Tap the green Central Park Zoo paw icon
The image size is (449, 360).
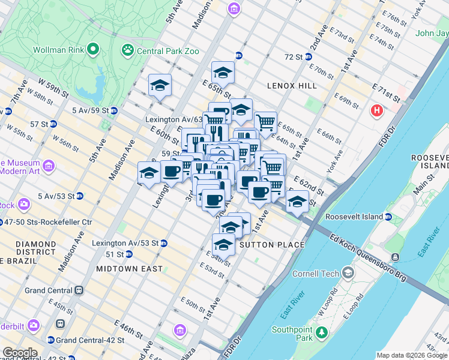tap(128, 50)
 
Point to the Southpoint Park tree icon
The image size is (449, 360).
tap(322, 332)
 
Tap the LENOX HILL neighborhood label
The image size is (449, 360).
tap(292, 86)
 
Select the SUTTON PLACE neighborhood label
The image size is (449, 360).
tap(272, 245)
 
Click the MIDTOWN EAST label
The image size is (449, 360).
tap(128, 269)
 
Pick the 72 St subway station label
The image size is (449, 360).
tap(294, 56)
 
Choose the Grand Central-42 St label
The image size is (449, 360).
tap(90, 340)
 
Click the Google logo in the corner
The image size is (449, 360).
tap(19, 353)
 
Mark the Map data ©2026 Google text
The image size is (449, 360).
tap(412, 355)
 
